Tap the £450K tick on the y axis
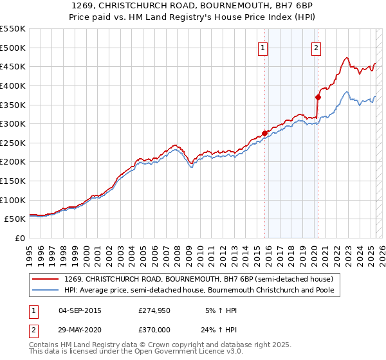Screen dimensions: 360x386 tap(13, 66)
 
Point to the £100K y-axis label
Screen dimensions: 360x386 tap(13, 200)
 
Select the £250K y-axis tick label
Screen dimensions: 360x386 tap(13, 143)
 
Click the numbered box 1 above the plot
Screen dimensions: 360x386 tap(264, 47)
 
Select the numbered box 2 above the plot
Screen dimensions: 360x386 tap(317, 47)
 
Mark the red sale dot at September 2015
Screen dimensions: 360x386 tap(264, 133)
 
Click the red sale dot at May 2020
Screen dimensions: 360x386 tap(318, 97)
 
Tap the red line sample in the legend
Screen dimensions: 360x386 tap(46, 280)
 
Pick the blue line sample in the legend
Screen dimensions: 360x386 tap(46, 291)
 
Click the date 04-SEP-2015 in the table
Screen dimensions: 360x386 tap(80, 310)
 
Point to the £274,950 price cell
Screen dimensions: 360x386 tap(154, 310)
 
